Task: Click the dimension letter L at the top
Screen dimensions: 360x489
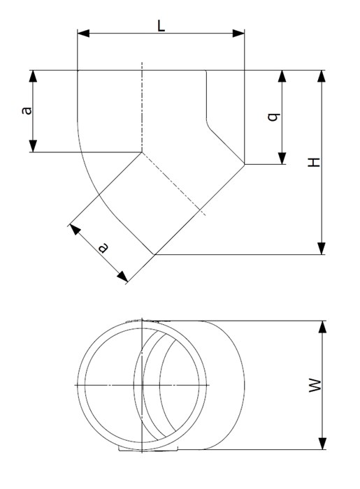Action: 161,26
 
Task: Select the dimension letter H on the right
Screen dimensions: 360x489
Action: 314,162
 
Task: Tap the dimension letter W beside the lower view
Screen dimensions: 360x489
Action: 315,385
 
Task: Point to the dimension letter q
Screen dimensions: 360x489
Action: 274,117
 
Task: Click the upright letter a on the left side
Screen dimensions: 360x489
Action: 27,110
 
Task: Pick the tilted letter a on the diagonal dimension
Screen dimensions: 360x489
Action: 103,247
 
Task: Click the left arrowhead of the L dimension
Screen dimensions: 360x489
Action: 83,34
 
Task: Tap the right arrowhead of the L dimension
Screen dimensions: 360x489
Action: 238,34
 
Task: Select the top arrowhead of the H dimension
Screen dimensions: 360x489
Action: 322,76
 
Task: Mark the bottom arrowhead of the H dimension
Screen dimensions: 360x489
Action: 322,249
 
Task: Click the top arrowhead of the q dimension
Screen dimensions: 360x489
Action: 282,76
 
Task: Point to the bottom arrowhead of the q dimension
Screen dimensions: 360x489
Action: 282,158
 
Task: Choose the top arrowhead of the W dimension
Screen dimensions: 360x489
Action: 322,327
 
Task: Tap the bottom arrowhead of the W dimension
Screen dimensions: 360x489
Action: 322,444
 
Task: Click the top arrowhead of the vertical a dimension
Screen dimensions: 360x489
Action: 33,76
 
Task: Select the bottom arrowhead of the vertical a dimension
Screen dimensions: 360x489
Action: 33,146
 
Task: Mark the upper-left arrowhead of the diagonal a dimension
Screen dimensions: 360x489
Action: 75,229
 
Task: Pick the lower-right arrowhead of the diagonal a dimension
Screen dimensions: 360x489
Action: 122,277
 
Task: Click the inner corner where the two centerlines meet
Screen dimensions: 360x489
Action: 142,152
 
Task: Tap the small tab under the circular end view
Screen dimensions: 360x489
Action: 148,448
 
